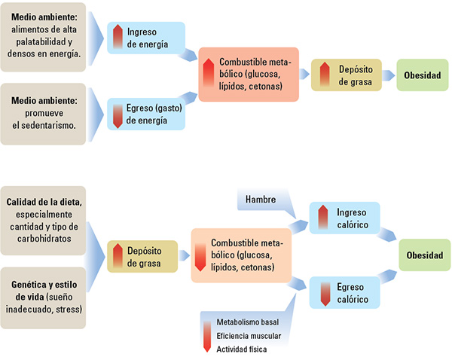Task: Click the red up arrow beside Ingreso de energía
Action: pyautogui.click(x=118, y=36)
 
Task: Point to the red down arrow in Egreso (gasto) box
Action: pyautogui.click(x=118, y=115)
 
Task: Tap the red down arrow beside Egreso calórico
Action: pyautogui.click(x=325, y=292)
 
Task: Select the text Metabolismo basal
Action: pyautogui.click(x=247, y=322)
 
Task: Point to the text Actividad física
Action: pyautogui.click(x=241, y=349)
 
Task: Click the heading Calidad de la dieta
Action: pyautogui.click(x=44, y=201)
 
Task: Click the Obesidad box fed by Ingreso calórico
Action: pyautogui.click(x=425, y=255)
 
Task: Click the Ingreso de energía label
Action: pyautogui.click(x=151, y=38)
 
